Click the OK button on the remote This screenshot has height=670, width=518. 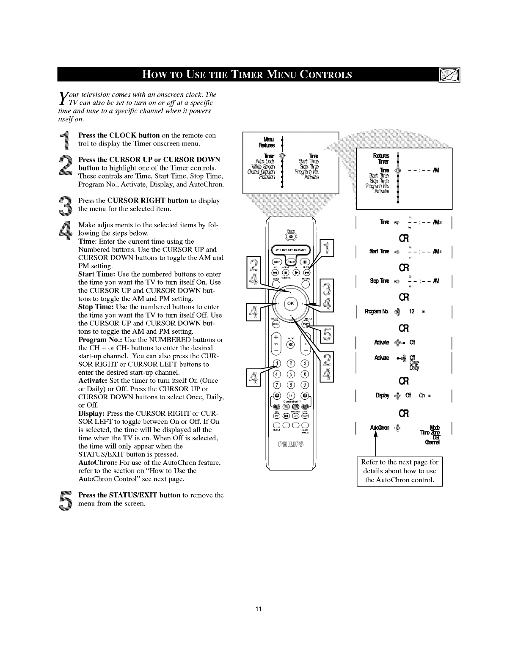[291, 304]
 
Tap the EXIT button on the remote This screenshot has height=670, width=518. [306, 324]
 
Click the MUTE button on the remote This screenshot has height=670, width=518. [291, 344]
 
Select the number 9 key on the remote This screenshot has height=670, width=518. [306, 384]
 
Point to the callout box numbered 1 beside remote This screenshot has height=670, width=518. [326, 248]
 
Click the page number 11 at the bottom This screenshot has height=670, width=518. [259, 609]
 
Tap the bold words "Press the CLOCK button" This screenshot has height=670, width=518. [119, 135]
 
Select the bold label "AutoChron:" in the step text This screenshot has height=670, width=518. [97, 462]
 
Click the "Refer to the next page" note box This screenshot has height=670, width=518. [399, 471]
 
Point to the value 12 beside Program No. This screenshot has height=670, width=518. [411, 312]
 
